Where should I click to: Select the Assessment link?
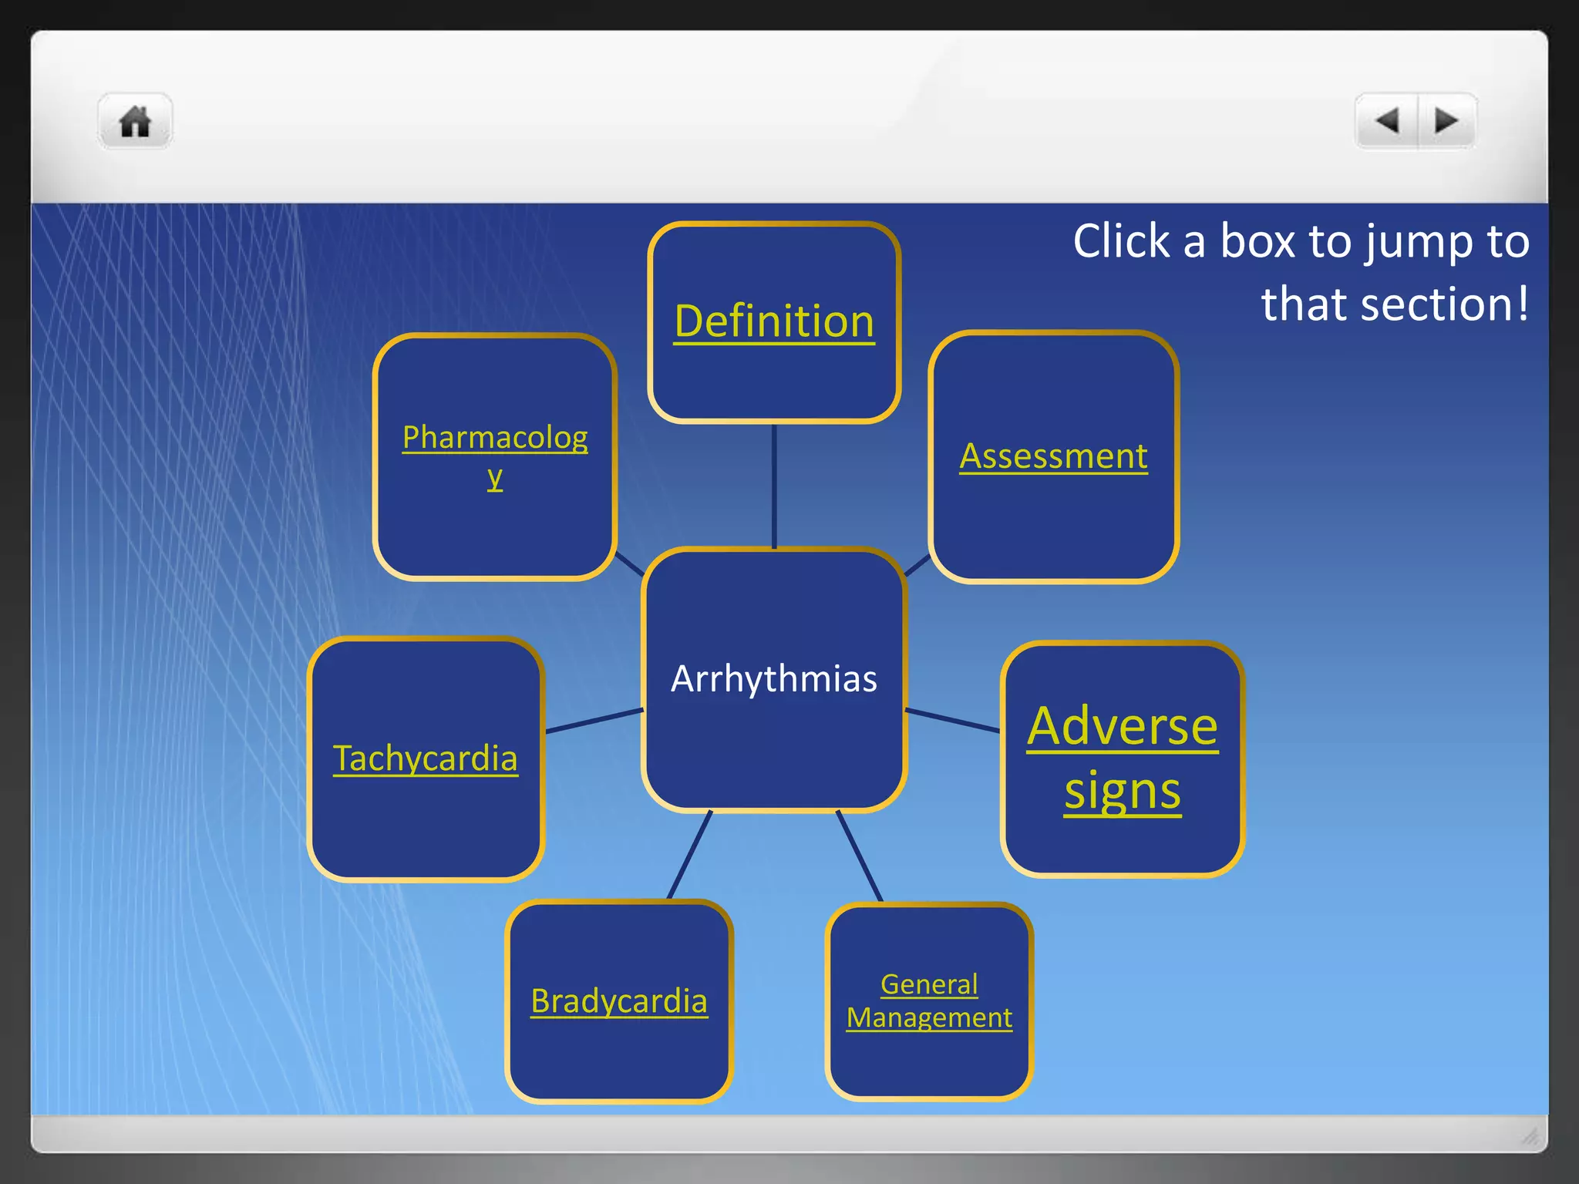[x=1053, y=456]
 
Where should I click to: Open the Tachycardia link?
[x=425, y=758]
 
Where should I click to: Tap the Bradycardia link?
[x=619, y=1001]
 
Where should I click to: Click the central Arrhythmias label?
[x=774, y=679]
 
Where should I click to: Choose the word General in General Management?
[x=929, y=984]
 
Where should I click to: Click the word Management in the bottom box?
[x=929, y=1018]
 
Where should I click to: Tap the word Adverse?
[x=1123, y=726]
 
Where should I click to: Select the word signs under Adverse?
[x=1123, y=792]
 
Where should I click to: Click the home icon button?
[x=135, y=122]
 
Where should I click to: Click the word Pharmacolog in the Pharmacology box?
[x=495, y=438]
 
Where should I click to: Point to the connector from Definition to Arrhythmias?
[x=774, y=486]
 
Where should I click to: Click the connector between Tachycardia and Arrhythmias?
[x=594, y=721]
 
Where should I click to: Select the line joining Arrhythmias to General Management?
[x=860, y=856]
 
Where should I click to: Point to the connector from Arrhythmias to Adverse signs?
[x=953, y=720]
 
